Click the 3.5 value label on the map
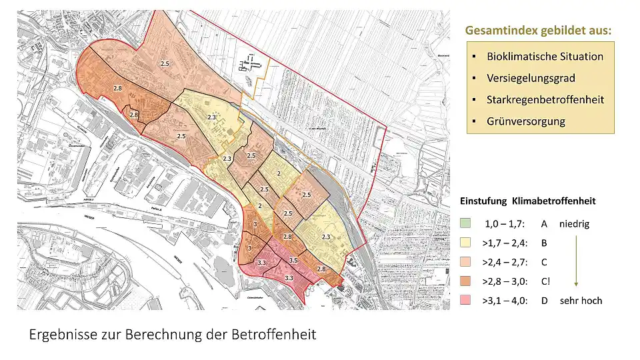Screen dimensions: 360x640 pyautogui.click(x=293, y=260)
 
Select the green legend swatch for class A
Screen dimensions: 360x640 pyautogui.click(x=466, y=224)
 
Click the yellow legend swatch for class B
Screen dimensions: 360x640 pyautogui.click(x=466, y=243)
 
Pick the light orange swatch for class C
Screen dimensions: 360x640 pyautogui.click(x=466, y=263)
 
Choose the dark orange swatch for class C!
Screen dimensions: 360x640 pyautogui.click(x=466, y=281)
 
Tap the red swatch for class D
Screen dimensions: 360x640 pyautogui.click(x=466, y=301)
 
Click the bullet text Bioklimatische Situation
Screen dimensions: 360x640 pyautogui.click(x=545, y=57)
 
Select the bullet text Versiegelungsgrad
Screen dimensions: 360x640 pyautogui.click(x=531, y=78)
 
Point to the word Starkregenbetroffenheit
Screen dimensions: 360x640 pyautogui.click(x=545, y=99)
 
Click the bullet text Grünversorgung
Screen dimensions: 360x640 pyautogui.click(x=526, y=121)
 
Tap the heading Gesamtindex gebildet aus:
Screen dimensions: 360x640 pyautogui.click(x=538, y=31)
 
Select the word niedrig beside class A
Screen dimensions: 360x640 pyautogui.click(x=574, y=224)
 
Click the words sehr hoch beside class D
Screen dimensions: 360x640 pyautogui.click(x=581, y=301)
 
